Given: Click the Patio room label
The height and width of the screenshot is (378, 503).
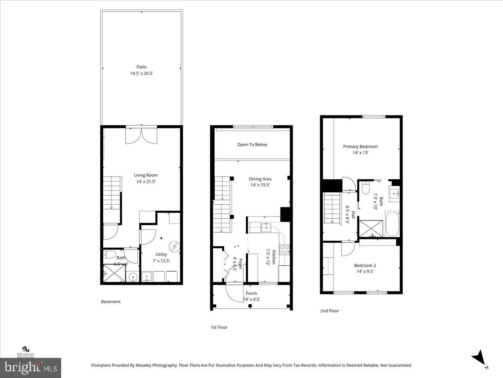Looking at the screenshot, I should coord(141,67).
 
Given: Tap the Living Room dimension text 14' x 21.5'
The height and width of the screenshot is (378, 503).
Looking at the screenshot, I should coord(146,181).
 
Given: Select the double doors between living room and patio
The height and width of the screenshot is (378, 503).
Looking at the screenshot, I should coord(142,134).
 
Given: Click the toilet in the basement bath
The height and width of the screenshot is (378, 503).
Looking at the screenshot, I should coord(110,254).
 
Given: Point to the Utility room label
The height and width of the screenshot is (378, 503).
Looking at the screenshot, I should coord(161,254).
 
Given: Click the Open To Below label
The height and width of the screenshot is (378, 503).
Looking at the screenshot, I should coord(252,144).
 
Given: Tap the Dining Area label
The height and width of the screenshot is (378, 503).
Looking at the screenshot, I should coord(260,179).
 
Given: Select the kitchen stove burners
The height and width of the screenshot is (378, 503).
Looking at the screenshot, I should coord(285,250).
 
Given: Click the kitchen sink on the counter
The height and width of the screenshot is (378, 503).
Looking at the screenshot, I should coord(266,227).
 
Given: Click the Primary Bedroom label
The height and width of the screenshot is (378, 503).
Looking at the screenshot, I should coord(360,147).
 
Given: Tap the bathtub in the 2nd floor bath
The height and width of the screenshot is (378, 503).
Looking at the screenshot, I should coord(393,224).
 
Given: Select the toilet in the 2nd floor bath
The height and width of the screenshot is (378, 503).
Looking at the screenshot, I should coord(365,188).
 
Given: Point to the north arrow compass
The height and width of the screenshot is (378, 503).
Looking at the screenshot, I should coord(479,358).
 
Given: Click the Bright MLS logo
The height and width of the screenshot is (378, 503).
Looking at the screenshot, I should coord(31,368).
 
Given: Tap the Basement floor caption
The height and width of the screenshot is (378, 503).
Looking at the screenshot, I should coord(111,302).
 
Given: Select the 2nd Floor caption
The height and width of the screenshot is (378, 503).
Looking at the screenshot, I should coord(329,311).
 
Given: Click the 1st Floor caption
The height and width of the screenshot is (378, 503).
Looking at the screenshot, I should coord(219,327).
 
